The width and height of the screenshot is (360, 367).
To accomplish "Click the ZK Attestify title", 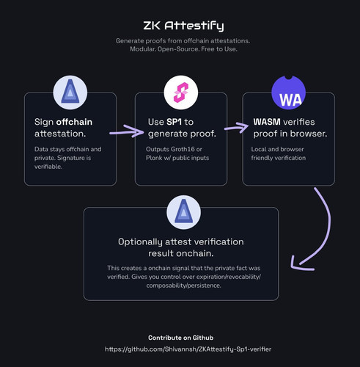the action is click(x=183, y=26).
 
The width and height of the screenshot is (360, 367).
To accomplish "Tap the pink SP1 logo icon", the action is click(x=181, y=92).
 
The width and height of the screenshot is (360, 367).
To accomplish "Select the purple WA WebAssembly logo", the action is click(x=289, y=92).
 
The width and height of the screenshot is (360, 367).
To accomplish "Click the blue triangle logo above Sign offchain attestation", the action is click(x=70, y=92).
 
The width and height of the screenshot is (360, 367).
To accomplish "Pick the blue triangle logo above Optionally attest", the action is click(x=184, y=212).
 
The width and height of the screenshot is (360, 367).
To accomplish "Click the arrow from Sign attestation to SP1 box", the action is click(x=127, y=131).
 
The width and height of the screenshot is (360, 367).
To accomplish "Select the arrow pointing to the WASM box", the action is click(x=236, y=128).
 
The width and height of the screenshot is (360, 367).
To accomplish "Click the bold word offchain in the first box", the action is click(x=74, y=122).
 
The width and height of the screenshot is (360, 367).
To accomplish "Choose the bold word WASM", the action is click(x=267, y=122).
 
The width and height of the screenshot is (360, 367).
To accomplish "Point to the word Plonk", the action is click(x=154, y=158).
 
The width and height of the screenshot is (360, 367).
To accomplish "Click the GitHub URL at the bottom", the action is click(x=188, y=349).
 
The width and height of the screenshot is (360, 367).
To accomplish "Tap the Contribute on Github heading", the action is click(x=181, y=338).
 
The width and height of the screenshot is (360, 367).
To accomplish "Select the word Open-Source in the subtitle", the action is click(x=178, y=49).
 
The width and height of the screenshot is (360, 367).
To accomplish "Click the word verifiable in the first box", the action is click(x=48, y=167).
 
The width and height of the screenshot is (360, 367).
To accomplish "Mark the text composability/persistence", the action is click(x=183, y=286).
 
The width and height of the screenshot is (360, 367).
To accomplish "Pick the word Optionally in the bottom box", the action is click(x=140, y=242).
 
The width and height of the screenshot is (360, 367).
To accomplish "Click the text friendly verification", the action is click(x=279, y=158).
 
